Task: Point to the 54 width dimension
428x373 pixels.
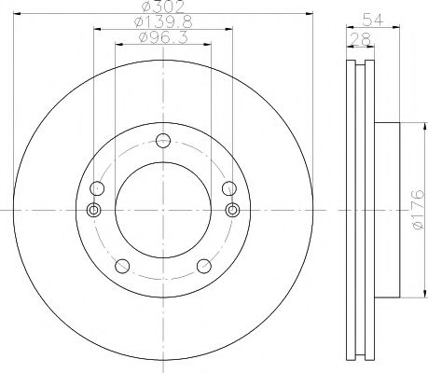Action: pyautogui.click(x=367, y=19)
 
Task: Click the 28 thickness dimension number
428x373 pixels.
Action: pyautogui.click(x=360, y=37)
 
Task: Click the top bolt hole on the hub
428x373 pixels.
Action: pyautogui.click(x=163, y=142)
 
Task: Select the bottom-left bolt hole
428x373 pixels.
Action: pyautogui.click(x=120, y=268)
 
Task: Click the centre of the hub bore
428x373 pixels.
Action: pyautogui.click(x=163, y=214)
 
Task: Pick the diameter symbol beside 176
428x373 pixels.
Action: pyautogui.click(x=417, y=227)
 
